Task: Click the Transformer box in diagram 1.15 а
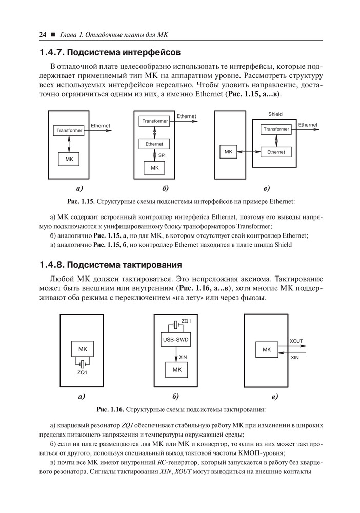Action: tap(69, 131)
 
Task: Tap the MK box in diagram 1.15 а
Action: tap(69, 160)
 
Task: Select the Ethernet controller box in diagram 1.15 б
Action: tap(154, 144)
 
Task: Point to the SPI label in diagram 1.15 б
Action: tap(162, 155)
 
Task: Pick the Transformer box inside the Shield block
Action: tap(276, 129)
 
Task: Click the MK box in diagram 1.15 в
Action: tap(228, 152)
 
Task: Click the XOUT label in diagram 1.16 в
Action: tap(296, 341)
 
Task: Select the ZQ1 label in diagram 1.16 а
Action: tap(83, 372)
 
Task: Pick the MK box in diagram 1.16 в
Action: tap(267, 349)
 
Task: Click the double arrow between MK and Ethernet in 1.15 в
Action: tap(249, 152)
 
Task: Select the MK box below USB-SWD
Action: tap(177, 369)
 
